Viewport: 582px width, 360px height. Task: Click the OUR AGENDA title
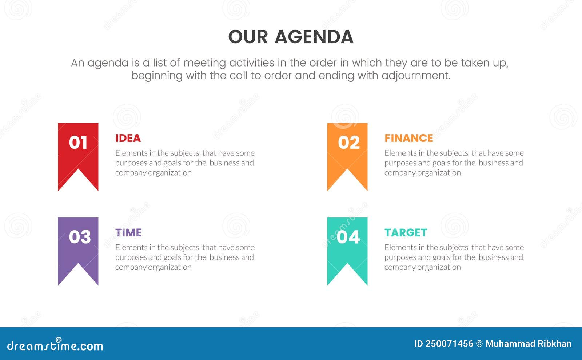click(291, 37)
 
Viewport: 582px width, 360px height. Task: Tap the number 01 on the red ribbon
click(78, 143)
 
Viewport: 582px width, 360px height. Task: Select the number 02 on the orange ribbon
click(348, 143)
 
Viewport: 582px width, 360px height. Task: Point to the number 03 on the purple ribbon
click(80, 237)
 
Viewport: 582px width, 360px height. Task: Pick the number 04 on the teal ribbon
click(348, 237)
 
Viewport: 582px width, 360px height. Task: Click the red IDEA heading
click(128, 138)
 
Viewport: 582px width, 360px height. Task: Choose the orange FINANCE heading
click(409, 138)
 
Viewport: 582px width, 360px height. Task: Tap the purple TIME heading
click(128, 233)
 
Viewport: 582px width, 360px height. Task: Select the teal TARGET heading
click(406, 233)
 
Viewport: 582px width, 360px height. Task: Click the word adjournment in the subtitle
click(416, 76)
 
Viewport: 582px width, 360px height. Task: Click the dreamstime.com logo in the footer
click(55, 345)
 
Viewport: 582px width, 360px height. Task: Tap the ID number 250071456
click(449, 344)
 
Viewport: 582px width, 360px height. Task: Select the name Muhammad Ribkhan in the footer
click(528, 344)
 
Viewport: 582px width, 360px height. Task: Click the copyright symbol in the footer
click(479, 344)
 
